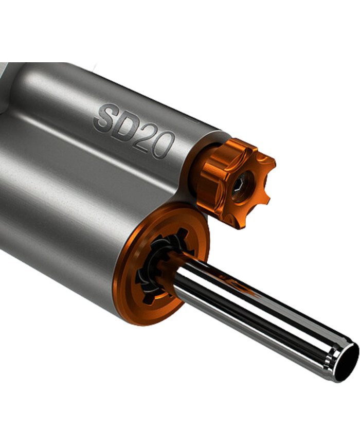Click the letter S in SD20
click(x=104, y=117)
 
